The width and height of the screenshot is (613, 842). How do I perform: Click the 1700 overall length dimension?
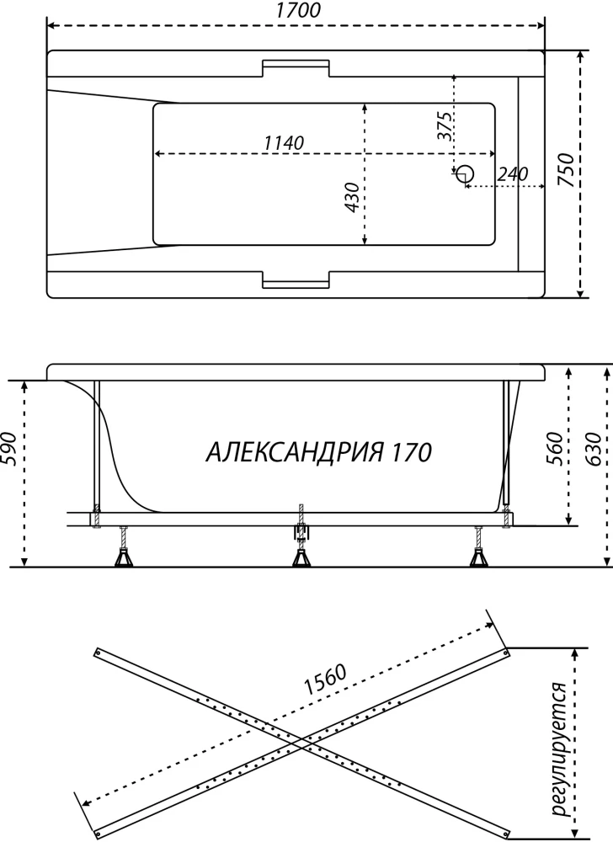298,10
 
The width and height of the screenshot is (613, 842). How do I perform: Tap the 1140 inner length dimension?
284,143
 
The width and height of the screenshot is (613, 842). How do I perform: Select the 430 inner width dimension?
351,197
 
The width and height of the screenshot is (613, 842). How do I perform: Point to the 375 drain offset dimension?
444,126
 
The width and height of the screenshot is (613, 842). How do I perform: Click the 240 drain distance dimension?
513,174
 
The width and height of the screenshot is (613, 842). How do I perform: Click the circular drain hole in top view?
466,173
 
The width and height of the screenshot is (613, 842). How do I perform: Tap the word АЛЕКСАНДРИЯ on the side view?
295,452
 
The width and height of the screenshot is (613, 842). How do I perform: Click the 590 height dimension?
11,449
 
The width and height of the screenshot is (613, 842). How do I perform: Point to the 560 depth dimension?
556,449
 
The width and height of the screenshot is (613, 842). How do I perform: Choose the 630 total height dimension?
593,449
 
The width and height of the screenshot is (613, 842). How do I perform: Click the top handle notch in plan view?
296,68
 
